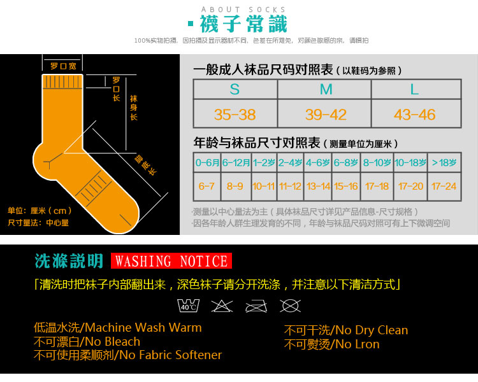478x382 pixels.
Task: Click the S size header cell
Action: click(x=235, y=89)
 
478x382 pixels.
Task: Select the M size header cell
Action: click(x=326, y=89)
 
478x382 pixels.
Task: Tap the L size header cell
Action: click(x=415, y=89)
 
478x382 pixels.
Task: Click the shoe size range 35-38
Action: click(x=235, y=115)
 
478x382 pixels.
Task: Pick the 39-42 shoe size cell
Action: click(x=326, y=115)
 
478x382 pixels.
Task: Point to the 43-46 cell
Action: click(x=415, y=115)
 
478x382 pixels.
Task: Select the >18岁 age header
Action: click(x=444, y=163)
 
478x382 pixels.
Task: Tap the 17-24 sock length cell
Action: click(x=444, y=187)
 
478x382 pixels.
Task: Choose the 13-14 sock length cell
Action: click(x=319, y=187)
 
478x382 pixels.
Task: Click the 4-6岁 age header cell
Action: click(x=319, y=163)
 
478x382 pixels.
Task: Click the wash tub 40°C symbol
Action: click(x=188, y=305)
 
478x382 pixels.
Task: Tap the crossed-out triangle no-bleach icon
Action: click(x=222, y=305)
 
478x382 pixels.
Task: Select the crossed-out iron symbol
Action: click(x=256, y=305)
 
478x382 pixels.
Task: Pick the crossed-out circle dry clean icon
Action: click(x=290, y=305)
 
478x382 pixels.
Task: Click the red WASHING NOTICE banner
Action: click(x=171, y=261)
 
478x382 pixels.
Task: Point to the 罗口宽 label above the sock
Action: click(x=63, y=66)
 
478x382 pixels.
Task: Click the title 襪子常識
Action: click(x=243, y=24)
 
